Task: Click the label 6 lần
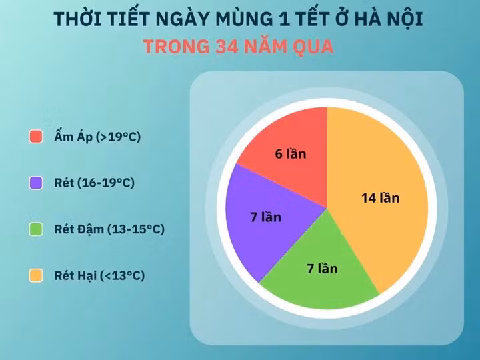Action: coord(291,154)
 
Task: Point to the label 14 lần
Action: coord(380,198)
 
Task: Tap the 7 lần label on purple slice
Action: coord(266,217)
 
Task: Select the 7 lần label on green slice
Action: coord(322,269)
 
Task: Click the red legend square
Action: coord(37,137)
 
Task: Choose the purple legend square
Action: coord(37,183)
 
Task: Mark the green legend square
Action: coord(37,229)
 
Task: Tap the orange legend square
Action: coord(37,275)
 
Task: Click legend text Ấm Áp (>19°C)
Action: coord(97,137)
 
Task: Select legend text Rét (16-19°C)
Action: coord(94,183)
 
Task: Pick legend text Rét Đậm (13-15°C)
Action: coord(109,229)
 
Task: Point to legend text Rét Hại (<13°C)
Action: coord(99,275)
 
